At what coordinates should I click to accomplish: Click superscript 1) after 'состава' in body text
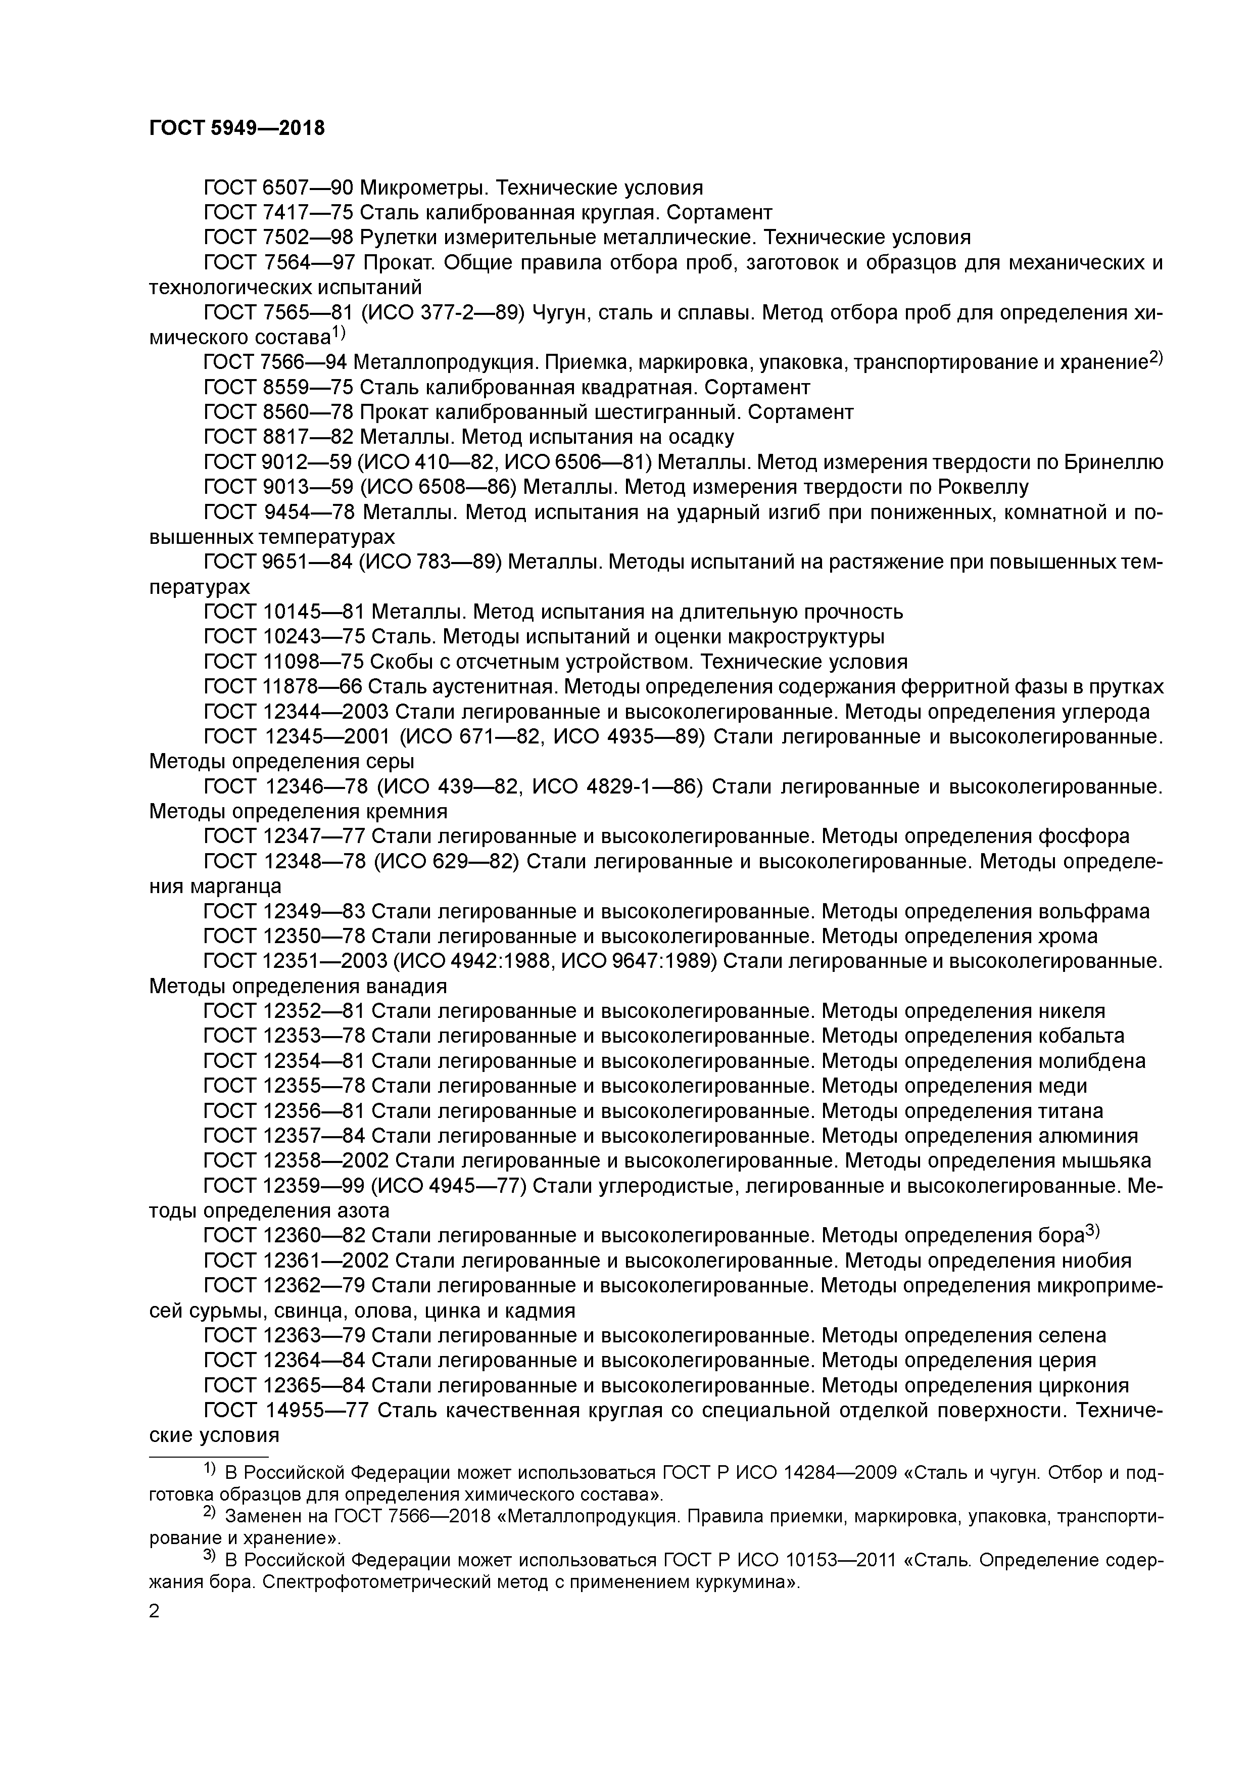[339, 334]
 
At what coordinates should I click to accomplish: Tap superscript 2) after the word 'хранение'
[1155, 357]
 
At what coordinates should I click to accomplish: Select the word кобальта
[1081, 1036]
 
